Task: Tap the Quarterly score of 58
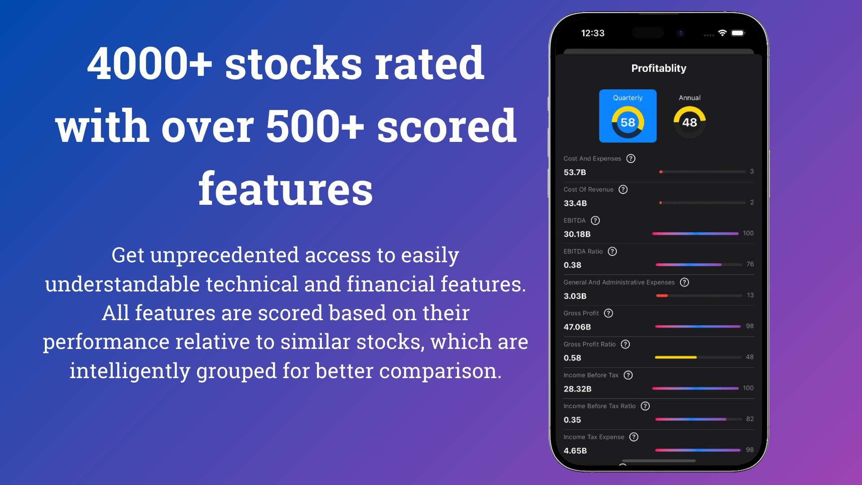pyautogui.click(x=628, y=122)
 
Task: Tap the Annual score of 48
pyautogui.click(x=690, y=122)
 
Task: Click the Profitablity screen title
pyautogui.click(x=659, y=68)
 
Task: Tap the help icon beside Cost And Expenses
pyautogui.click(x=631, y=159)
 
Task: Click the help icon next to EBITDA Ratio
pyautogui.click(x=612, y=251)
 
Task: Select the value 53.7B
pyautogui.click(x=575, y=172)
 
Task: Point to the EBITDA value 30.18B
pyautogui.click(x=577, y=234)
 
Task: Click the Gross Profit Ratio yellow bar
pyautogui.click(x=676, y=357)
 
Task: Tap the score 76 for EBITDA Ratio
pyautogui.click(x=750, y=264)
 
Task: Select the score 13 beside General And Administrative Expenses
pyautogui.click(x=750, y=295)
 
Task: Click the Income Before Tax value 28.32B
pyautogui.click(x=577, y=389)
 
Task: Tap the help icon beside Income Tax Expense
pyautogui.click(x=634, y=437)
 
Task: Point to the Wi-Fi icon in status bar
pyautogui.click(x=722, y=33)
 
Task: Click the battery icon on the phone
pyautogui.click(x=738, y=33)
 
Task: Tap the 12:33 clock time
pyautogui.click(x=593, y=33)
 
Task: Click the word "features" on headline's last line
pyautogui.click(x=286, y=189)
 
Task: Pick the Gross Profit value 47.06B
pyautogui.click(x=577, y=327)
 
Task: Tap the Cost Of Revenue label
pyautogui.click(x=588, y=190)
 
